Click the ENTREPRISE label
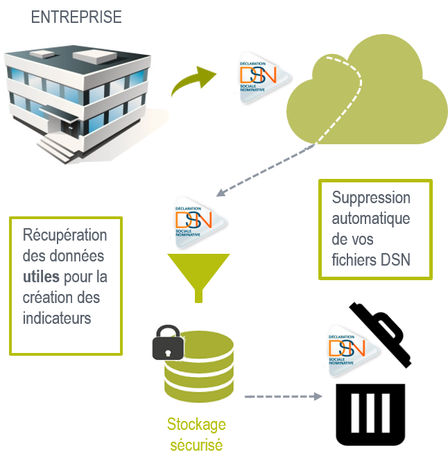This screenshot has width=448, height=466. click(76, 17)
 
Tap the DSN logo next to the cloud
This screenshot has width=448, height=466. click(265, 76)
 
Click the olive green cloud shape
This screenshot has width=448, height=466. click(368, 97)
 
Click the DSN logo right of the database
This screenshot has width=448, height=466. click(354, 349)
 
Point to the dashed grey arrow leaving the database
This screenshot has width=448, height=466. click(283, 397)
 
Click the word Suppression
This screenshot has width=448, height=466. click(371, 198)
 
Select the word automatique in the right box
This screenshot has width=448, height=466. click(370, 218)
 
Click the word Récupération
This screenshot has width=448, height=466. click(65, 234)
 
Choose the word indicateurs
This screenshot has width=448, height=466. click(58, 319)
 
